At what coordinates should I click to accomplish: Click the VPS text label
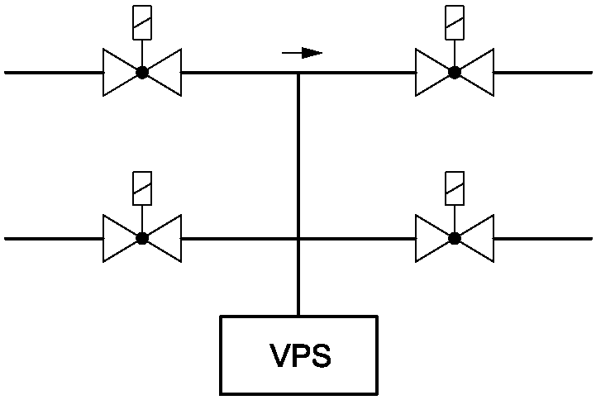coord(300,356)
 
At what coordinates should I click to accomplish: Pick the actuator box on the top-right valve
coord(454,23)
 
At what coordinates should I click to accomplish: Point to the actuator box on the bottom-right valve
coord(454,188)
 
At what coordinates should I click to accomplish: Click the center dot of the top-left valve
coord(142,73)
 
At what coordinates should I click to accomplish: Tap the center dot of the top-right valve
coord(454,73)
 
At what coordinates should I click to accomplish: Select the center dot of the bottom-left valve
coord(142,238)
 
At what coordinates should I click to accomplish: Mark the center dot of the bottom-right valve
coord(454,238)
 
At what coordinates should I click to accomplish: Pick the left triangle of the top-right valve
coord(431,73)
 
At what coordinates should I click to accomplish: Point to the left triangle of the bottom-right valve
coord(431,238)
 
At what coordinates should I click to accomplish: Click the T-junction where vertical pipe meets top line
coord(298,73)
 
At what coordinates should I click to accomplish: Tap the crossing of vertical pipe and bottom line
coord(298,238)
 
